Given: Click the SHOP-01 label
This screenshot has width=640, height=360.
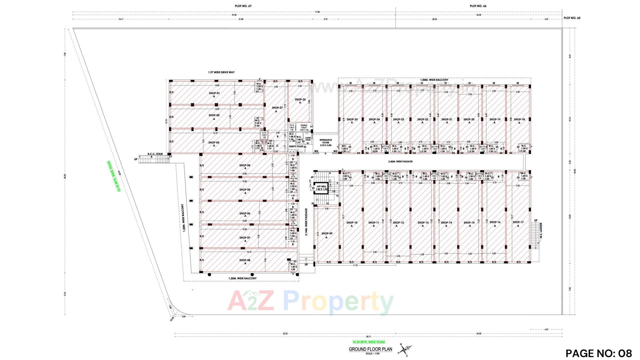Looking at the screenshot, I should click(214, 93).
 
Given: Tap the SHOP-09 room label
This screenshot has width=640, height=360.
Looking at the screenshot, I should click(327, 234).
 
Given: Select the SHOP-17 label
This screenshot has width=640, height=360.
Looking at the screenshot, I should click(518, 222).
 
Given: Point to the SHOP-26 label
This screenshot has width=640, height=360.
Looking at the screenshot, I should click(300, 100).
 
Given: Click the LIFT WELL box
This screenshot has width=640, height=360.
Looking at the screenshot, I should click(322, 188).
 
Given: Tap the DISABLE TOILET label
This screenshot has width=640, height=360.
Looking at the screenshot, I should click(304, 127).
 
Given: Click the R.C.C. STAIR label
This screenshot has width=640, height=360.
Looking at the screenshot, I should click(155, 154).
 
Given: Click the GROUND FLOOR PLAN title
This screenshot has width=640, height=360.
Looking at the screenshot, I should click(370, 349).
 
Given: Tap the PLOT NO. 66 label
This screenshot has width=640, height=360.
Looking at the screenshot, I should click(478, 6).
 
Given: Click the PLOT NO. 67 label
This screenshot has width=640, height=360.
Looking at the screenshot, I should click(243, 6).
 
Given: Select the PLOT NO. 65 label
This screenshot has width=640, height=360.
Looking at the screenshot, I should click(572, 18).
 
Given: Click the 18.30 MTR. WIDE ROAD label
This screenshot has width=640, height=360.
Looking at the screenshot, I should click(369, 342).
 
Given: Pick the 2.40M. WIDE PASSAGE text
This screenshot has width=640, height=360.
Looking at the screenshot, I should click(400, 161).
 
